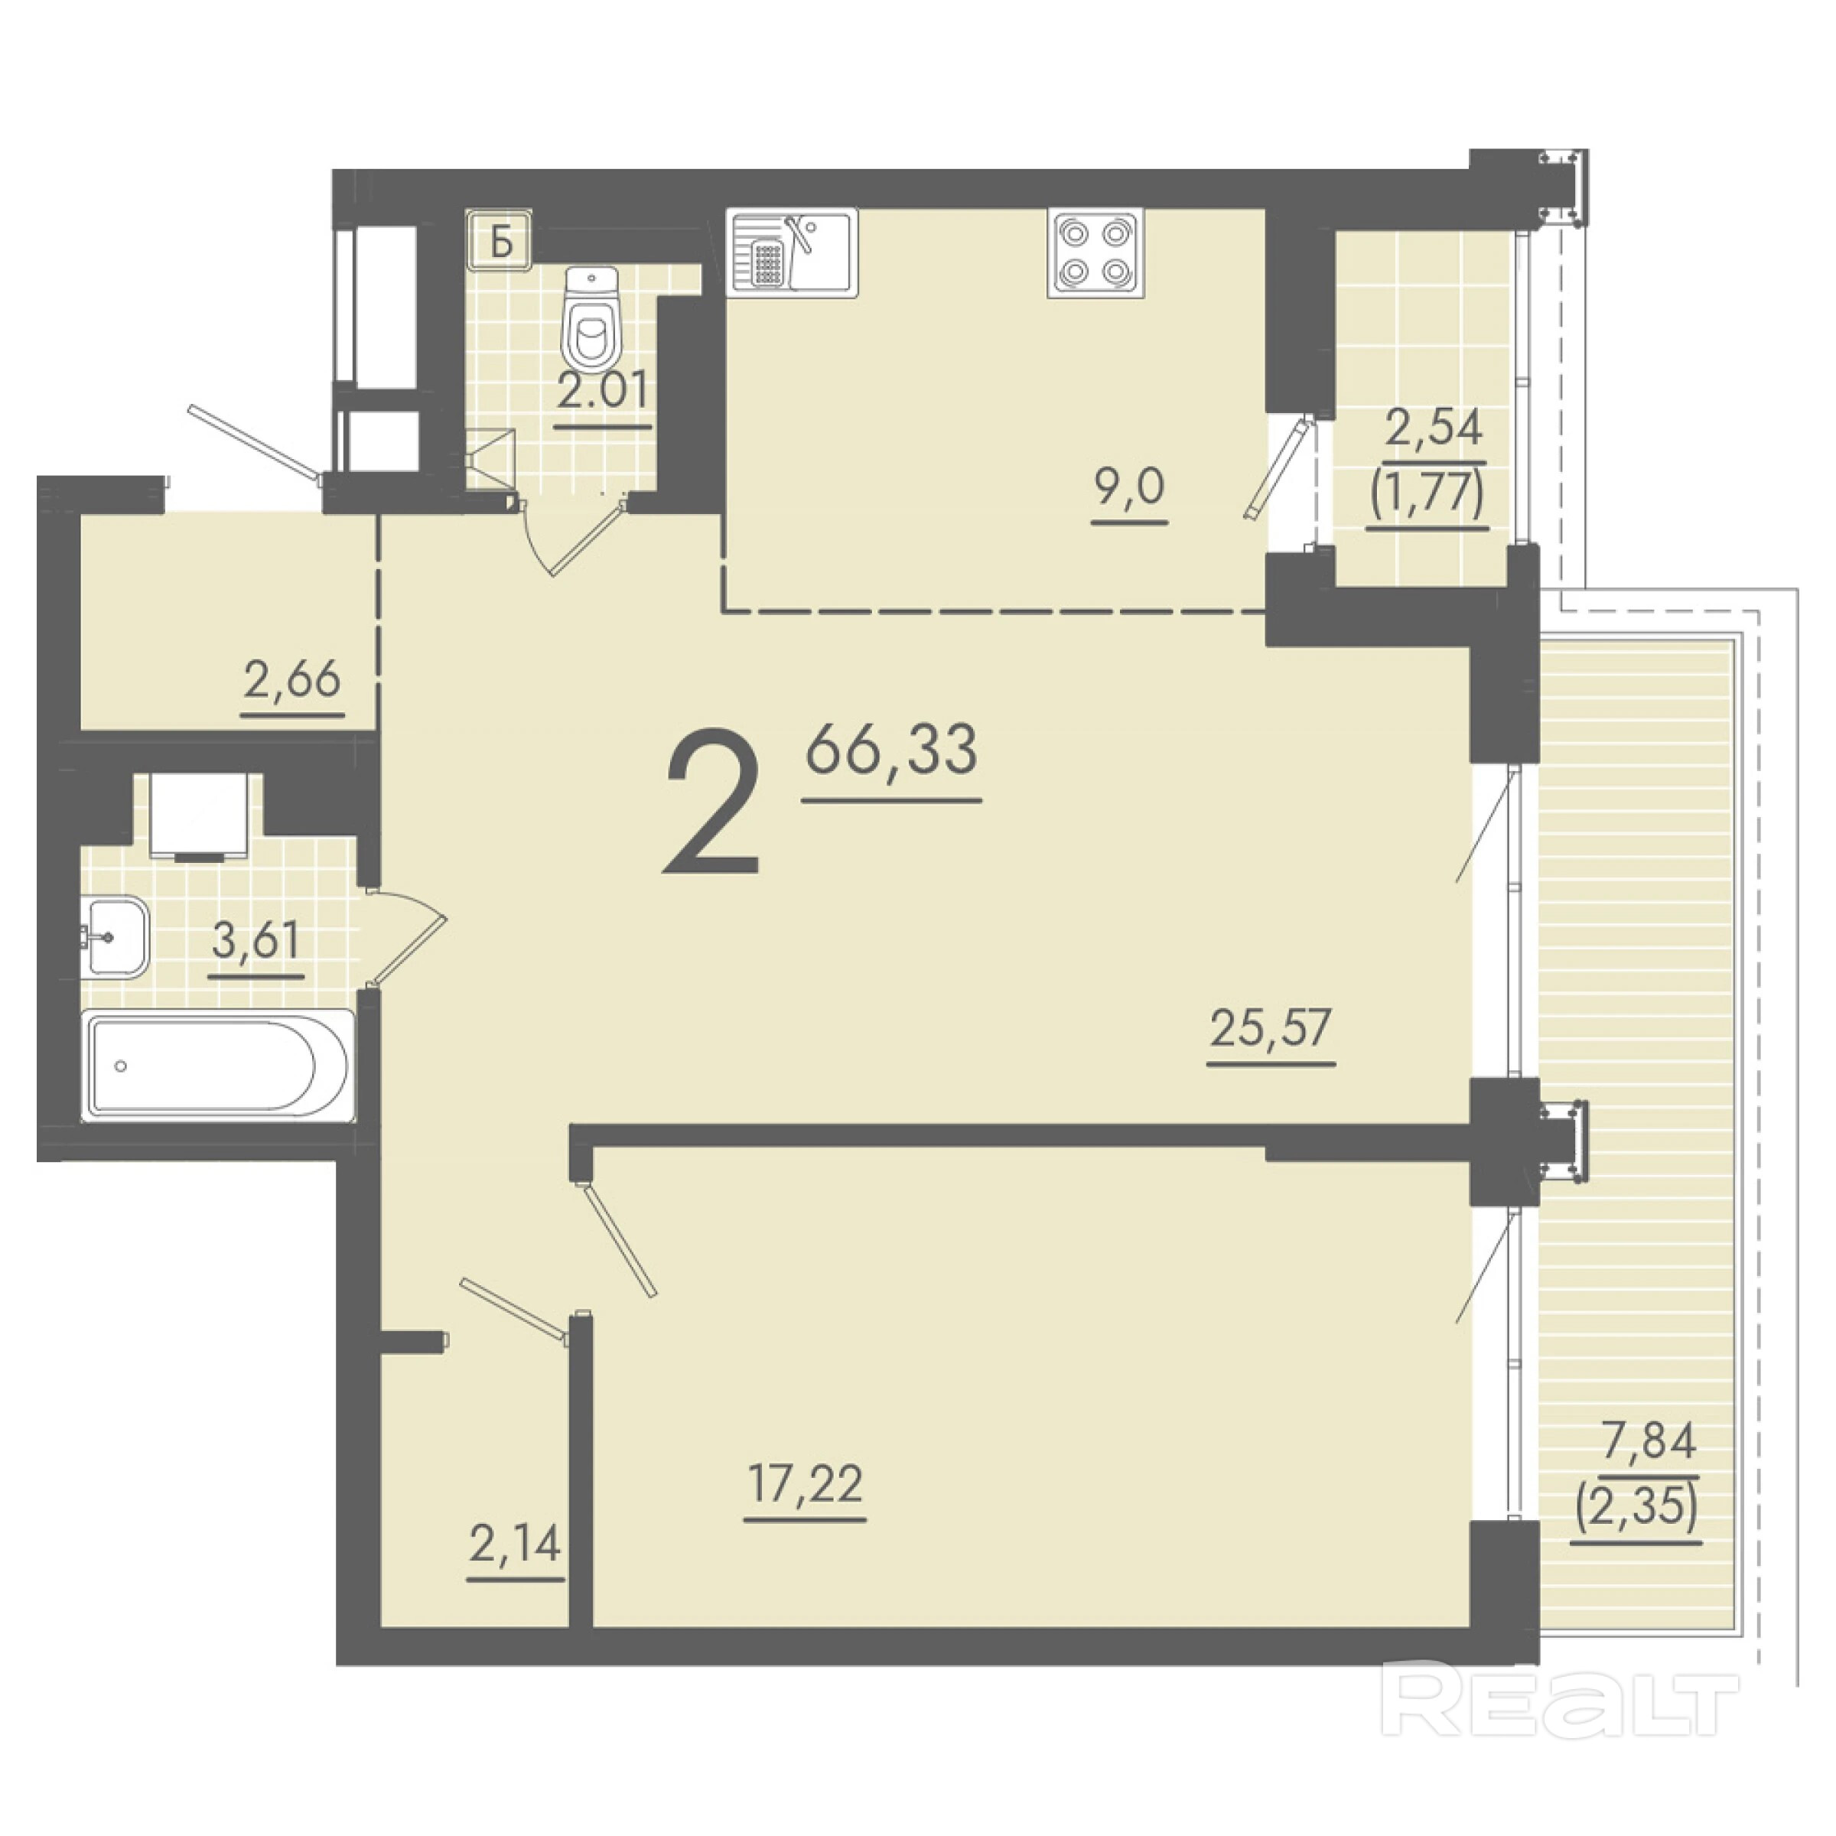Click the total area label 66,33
coord(891,750)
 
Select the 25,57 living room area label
coord(1271,1027)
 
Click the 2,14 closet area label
coord(515,1543)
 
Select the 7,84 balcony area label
coord(1649,1440)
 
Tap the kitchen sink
coord(792,252)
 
